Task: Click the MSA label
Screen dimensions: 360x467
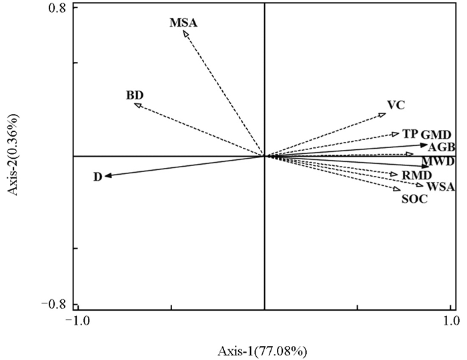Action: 183,22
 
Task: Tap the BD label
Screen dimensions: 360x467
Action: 135,95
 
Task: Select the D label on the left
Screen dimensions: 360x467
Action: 97,177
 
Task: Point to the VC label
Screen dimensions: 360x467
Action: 396,105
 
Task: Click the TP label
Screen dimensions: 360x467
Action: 410,133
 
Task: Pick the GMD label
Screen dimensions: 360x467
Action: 436,134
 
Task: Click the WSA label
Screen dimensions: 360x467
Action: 440,187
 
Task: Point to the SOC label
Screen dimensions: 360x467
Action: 414,198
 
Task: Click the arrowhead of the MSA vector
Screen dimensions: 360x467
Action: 185,33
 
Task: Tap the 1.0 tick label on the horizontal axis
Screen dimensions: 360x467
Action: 451,321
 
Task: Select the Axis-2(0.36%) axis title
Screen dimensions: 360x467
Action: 14,156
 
